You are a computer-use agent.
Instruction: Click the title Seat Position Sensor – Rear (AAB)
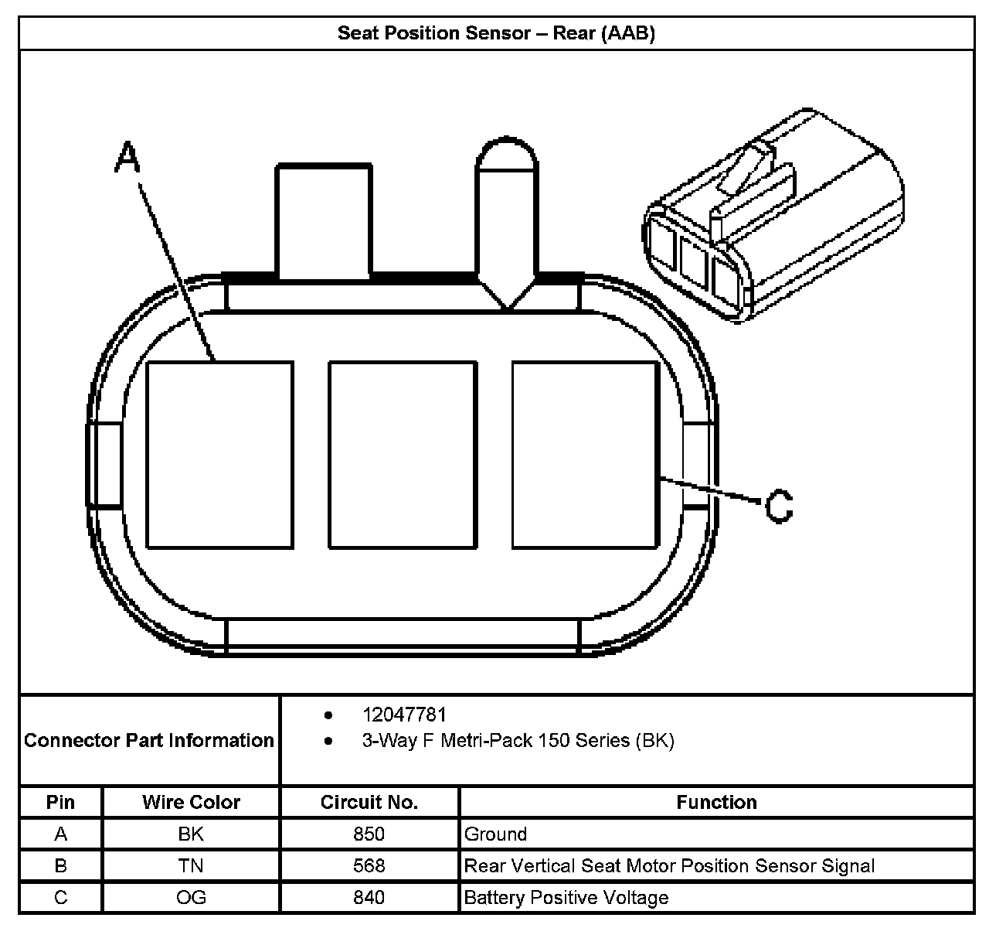tap(496, 33)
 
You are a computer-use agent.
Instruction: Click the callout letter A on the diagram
tap(128, 158)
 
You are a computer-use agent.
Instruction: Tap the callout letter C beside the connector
tap(779, 507)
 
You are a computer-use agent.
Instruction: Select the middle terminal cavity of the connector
tap(403, 455)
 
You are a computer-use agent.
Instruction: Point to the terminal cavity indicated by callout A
tap(219, 455)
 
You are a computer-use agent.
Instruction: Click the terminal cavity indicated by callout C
tap(585, 455)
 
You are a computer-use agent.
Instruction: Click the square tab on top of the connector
tap(323, 221)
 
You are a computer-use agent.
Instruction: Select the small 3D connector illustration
tap(773, 217)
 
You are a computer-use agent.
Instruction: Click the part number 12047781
tap(404, 715)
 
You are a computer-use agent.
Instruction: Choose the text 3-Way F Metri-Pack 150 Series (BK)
tap(518, 741)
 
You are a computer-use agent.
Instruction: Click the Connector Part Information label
tap(149, 741)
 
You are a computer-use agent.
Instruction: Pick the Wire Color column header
tap(191, 803)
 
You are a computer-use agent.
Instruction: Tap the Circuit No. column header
tap(369, 803)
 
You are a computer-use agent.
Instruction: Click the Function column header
tap(716, 803)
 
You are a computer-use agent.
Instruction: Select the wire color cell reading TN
tap(191, 866)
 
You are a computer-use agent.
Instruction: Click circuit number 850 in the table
tap(369, 834)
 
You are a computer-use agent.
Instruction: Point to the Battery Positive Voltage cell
tap(566, 898)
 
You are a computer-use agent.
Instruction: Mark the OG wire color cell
tap(191, 898)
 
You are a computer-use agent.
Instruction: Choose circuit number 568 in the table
tap(369, 866)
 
